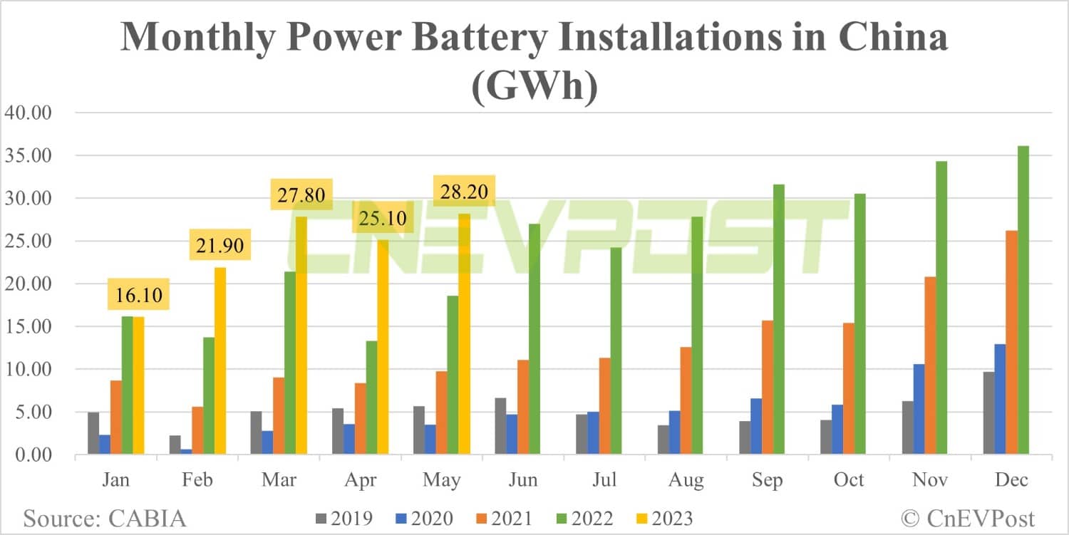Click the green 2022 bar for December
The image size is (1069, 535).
coord(1023,300)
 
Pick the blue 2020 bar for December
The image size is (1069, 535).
coord(1000,399)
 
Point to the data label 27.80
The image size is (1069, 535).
coord(301,195)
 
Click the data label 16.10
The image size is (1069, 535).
coord(138,294)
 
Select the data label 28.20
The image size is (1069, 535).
coord(464,192)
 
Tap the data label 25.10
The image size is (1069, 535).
coord(383,218)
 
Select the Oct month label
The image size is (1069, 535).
coord(849,480)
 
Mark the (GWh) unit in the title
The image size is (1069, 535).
coord(535,89)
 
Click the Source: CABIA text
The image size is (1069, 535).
coord(105,517)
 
